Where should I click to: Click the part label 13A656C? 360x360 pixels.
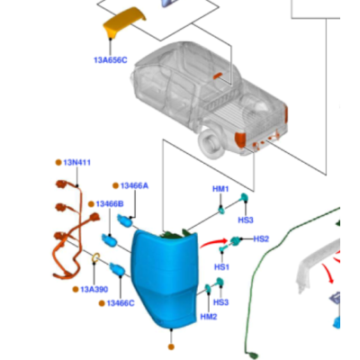111,60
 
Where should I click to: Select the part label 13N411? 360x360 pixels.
77,163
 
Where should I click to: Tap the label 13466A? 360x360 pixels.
134,186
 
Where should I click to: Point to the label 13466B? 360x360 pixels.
110,204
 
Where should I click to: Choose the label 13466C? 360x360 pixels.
121,303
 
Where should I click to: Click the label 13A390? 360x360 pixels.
94,290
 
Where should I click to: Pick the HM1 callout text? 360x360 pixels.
220,189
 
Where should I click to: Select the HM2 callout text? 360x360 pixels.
209,317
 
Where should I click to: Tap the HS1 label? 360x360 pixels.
221,266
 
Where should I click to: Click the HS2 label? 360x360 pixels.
261,239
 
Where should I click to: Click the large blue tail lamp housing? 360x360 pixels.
165,279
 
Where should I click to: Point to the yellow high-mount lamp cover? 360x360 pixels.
124,22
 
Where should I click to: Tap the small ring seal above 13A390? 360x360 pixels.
95,257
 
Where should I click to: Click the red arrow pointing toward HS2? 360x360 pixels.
213,242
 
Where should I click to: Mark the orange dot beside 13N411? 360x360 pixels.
58,163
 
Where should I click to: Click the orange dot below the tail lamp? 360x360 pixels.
171,346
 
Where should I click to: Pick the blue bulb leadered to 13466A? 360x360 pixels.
125,220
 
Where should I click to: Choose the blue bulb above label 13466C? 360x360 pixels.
117,268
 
